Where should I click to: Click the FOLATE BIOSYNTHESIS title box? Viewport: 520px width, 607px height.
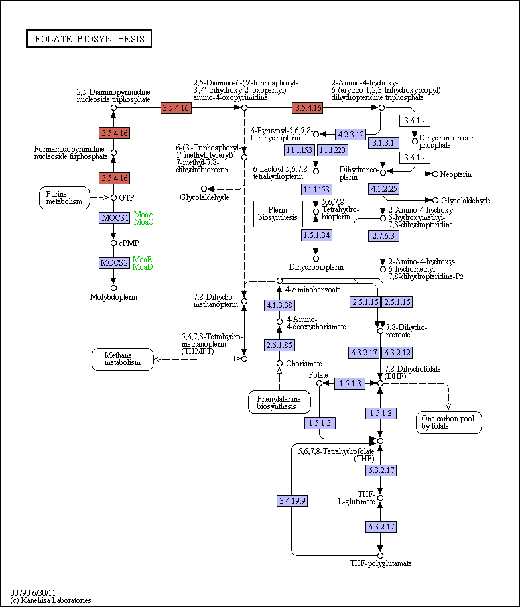tap(89, 38)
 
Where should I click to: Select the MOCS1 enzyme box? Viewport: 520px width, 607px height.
tap(114, 218)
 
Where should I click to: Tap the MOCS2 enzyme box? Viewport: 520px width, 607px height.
tap(114, 263)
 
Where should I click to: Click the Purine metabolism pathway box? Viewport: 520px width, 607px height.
tap(64, 198)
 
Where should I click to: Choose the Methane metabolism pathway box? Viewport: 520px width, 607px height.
tap(123, 359)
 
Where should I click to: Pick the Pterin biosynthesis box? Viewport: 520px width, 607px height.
tap(278, 214)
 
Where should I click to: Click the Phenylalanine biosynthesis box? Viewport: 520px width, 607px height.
tap(279, 402)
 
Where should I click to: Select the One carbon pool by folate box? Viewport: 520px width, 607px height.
tap(449, 422)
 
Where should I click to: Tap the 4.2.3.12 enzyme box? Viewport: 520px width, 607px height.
tap(350, 135)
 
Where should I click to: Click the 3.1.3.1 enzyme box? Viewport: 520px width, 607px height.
tap(383, 143)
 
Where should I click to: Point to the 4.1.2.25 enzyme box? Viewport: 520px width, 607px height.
tap(383, 189)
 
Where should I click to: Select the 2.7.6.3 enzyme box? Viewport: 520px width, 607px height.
tap(383, 236)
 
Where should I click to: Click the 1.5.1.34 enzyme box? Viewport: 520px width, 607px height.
tap(316, 235)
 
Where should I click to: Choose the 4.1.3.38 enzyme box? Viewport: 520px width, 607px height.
tap(279, 305)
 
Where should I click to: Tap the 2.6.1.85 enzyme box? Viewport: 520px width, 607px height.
tap(279, 345)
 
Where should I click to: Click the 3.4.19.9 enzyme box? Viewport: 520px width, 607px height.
tap(292, 501)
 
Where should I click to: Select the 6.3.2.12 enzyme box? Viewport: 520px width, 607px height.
tap(397, 353)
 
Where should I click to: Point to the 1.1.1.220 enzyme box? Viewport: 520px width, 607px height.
tap(332, 150)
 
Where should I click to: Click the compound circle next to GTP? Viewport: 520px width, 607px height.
tap(113, 198)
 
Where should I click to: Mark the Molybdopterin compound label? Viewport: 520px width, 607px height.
tap(113, 297)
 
